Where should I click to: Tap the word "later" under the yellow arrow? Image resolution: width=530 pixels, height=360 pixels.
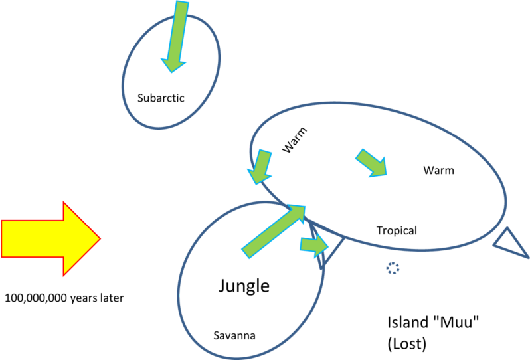click(109, 298)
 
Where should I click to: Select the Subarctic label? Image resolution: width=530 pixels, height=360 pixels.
click(161, 98)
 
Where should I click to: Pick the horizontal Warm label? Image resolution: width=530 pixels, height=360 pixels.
click(438, 171)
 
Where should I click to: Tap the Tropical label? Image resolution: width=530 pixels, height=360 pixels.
click(397, 231)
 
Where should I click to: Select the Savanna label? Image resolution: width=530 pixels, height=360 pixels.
click(234, 335)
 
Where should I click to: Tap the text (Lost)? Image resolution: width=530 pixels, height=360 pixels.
click(406, 345)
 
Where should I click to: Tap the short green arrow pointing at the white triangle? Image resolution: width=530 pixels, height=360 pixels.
click(314, 245)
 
